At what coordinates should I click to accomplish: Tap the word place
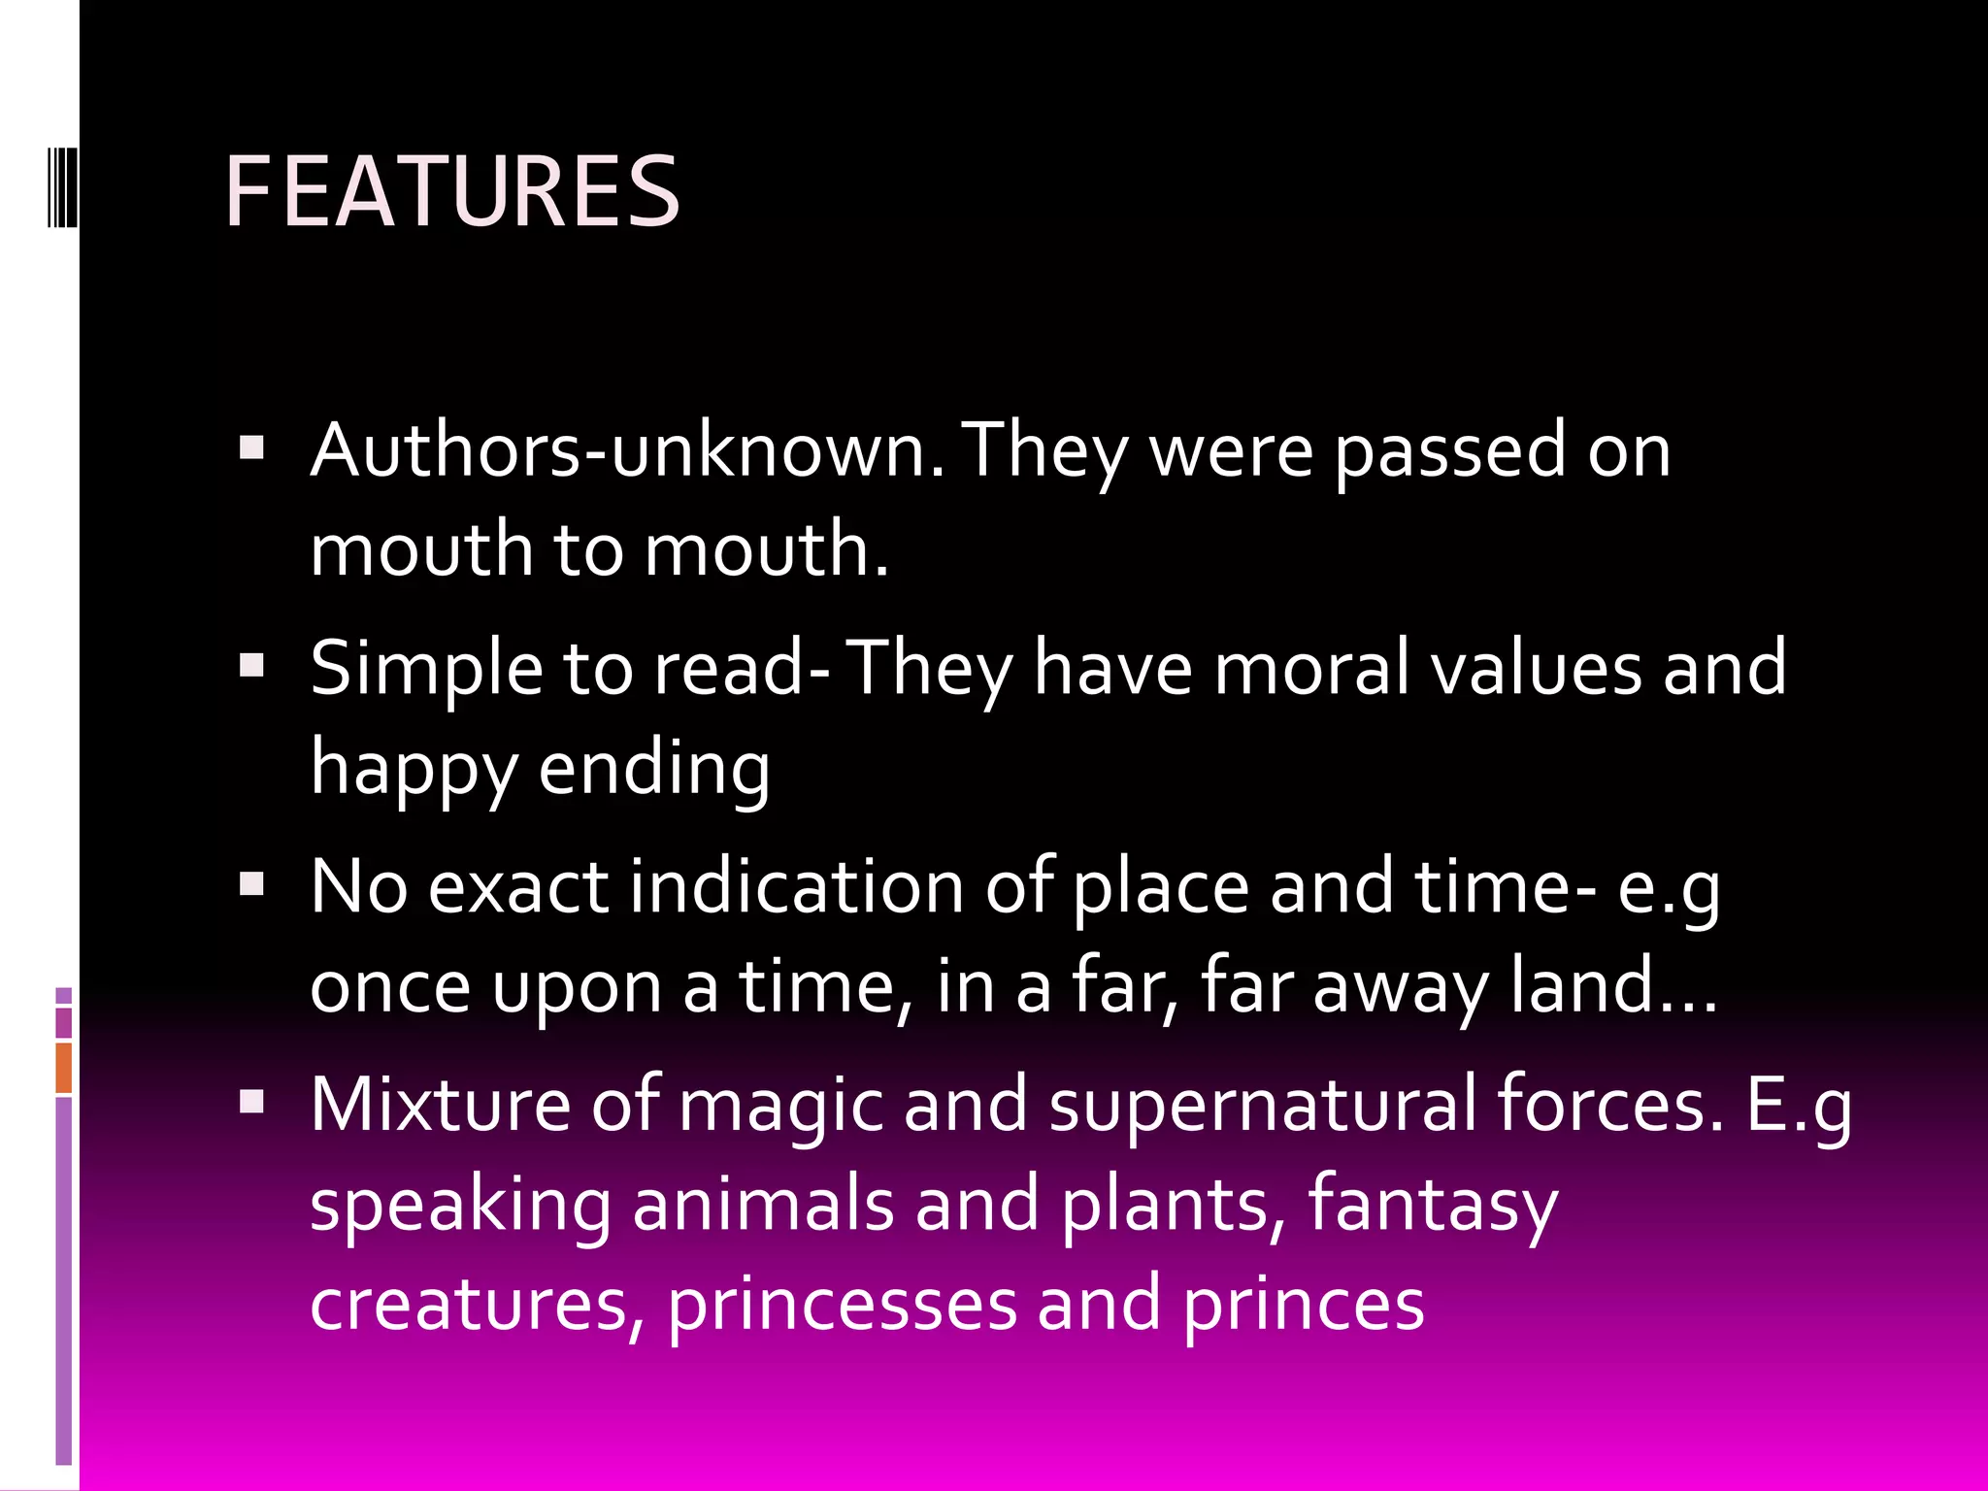(x=1161, y=888)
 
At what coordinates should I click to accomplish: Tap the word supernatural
(x=1262, y=1107)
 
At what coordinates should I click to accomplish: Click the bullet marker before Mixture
(x=252, y=1101)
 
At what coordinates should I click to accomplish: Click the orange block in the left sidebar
(x=63, y=1068)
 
